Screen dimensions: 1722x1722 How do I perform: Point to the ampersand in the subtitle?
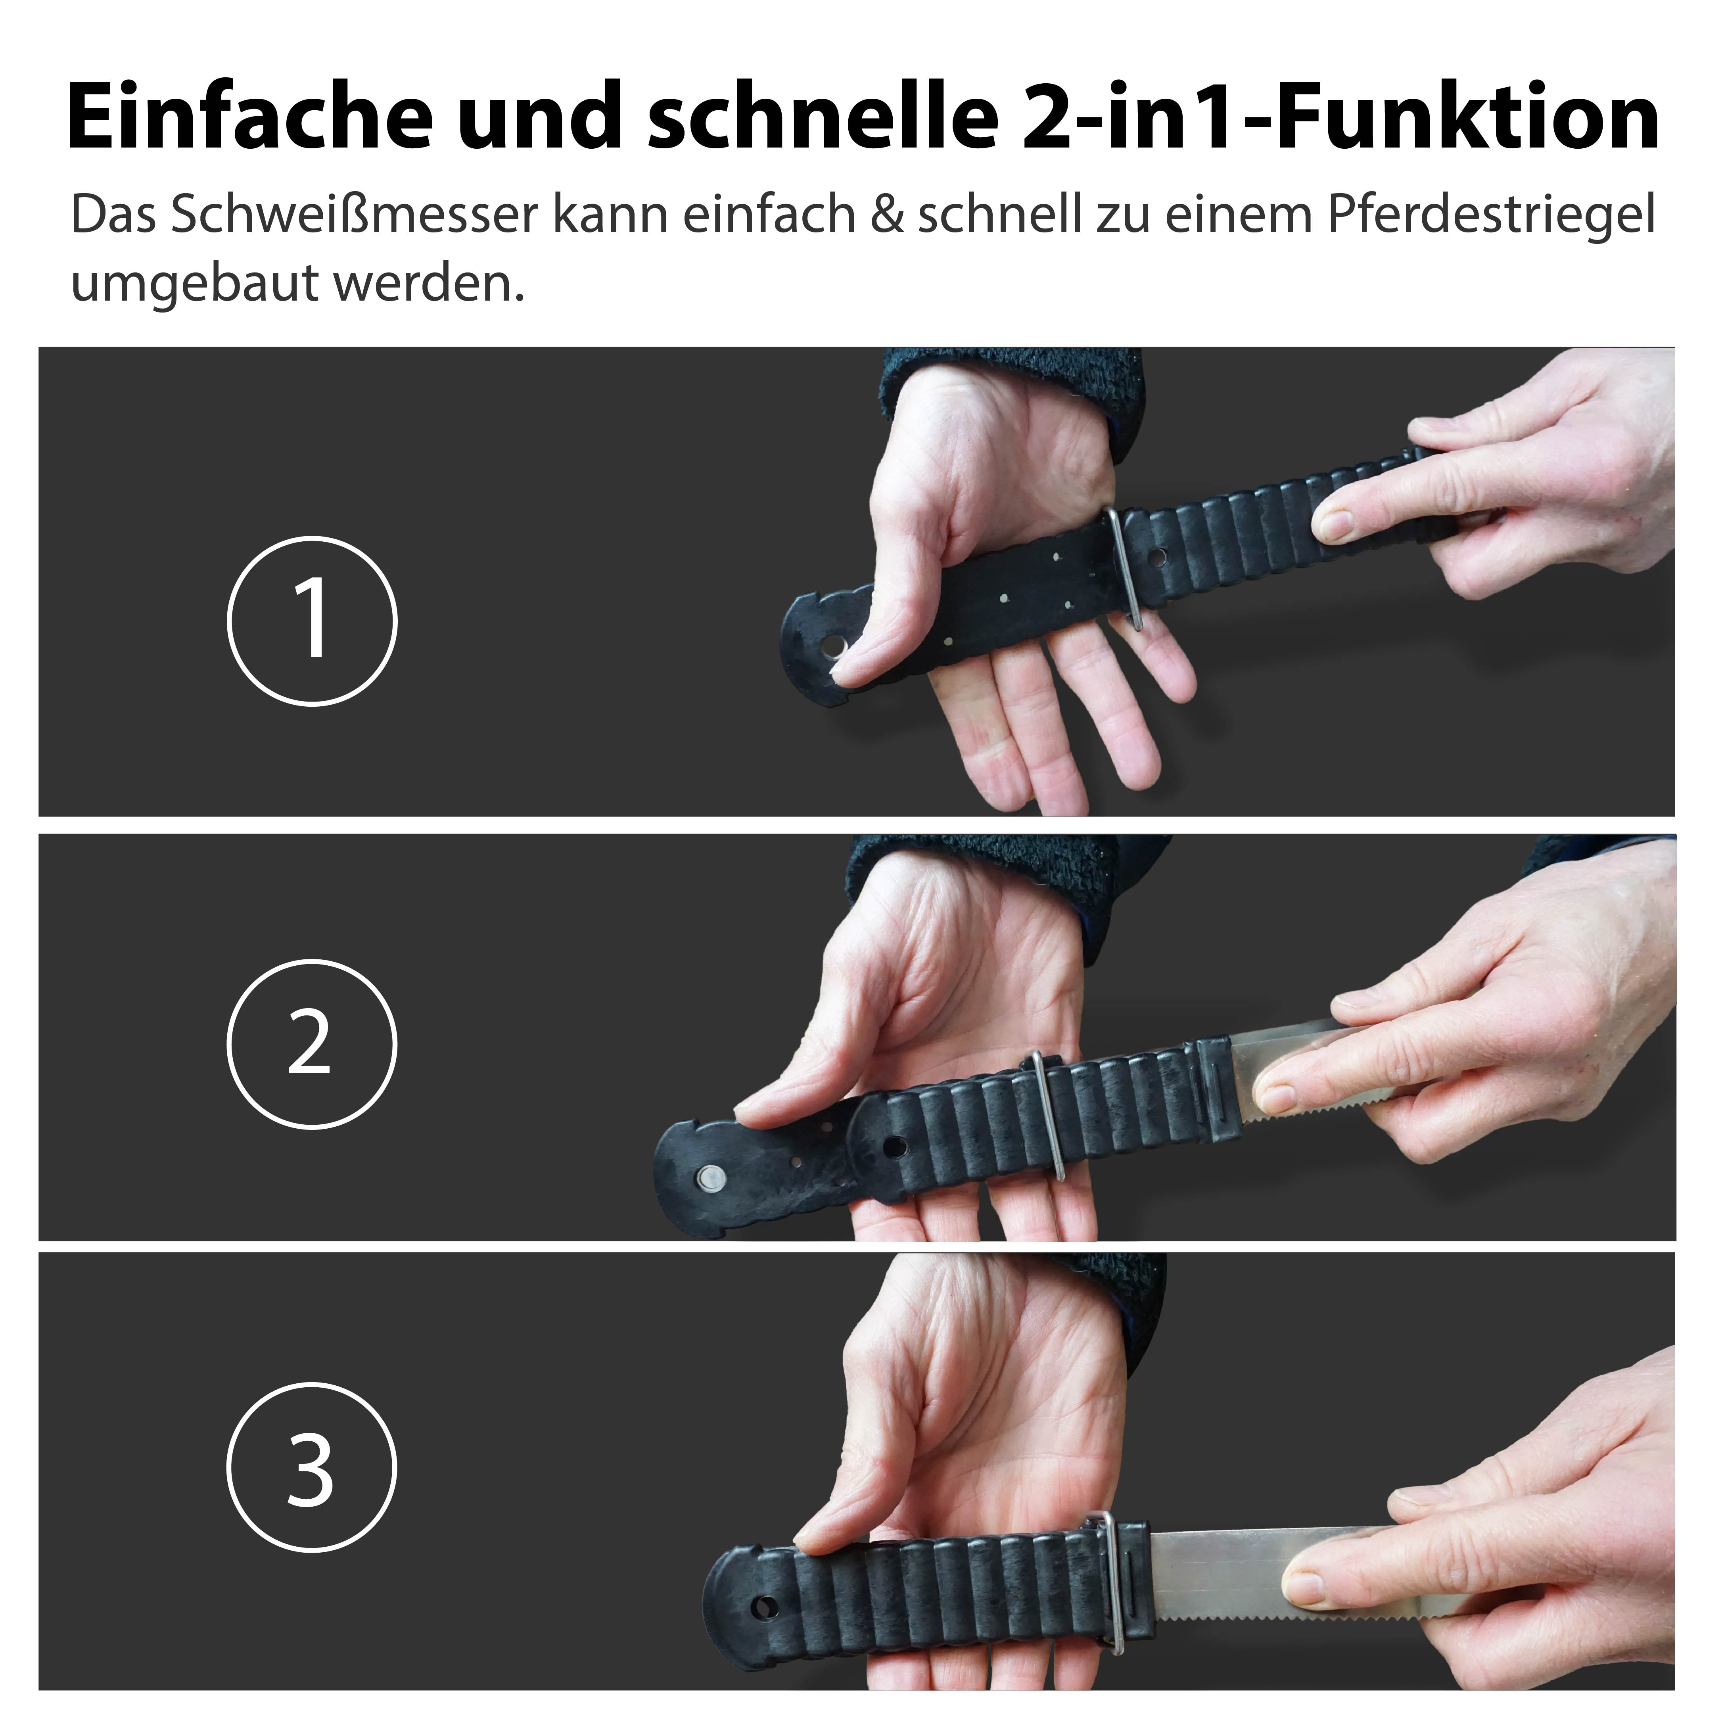point(886,216)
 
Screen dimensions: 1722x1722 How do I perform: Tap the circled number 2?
point(312,1044)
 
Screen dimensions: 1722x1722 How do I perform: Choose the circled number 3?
point(312,1467)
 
